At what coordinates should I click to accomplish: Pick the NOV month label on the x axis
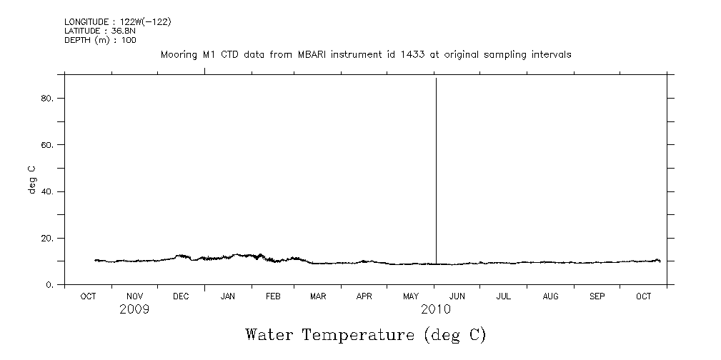click(134, 296)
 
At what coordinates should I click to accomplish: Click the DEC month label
click(181, 296)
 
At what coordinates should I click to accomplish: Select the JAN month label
click(227, 296)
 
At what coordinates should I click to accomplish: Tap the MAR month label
click(319, 296)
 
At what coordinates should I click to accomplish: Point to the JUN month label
click(457, 296)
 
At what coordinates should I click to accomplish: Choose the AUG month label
click(550, 296)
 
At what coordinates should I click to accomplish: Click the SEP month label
click(597, 296)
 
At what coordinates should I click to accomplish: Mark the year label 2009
click(134, 309)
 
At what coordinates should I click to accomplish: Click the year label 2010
click(435, 309)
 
